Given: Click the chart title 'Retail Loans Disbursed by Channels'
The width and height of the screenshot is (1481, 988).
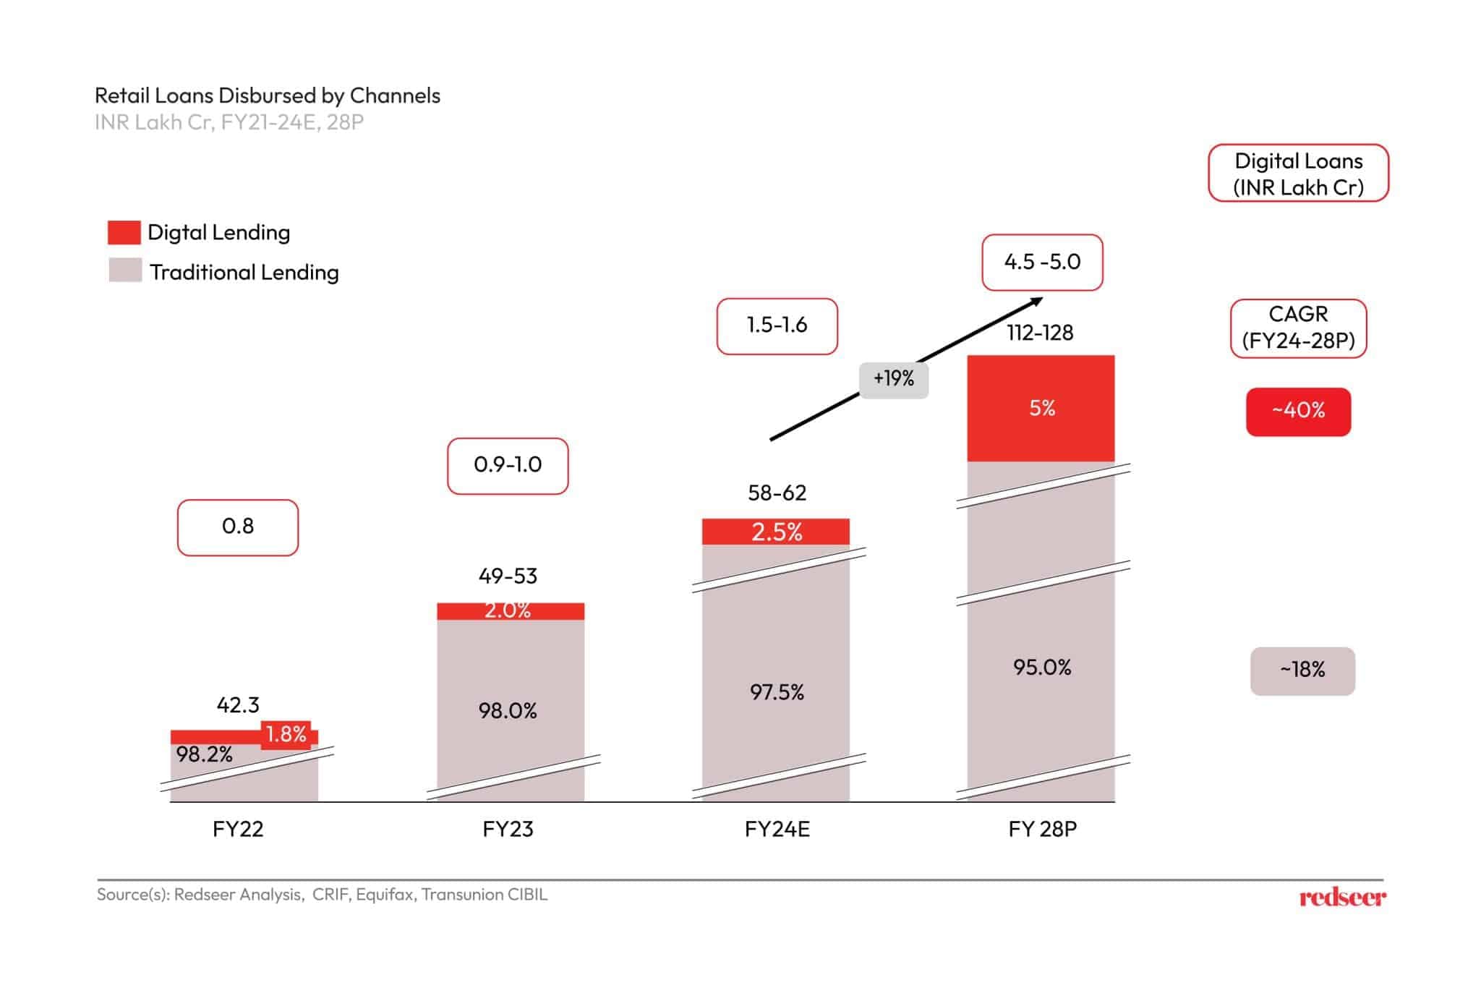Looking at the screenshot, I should (x=267, y=95).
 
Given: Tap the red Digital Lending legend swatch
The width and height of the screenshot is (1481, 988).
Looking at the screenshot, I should (x=124, y=232).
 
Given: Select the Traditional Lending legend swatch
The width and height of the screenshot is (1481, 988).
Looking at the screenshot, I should (x=124, y=271).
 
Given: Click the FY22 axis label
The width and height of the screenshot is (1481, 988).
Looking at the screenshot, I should (x=238, y=829).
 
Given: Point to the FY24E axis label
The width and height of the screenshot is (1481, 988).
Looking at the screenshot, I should (x=777, y=829).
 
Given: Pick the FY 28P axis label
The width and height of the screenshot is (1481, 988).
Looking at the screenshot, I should (x=1042, y=829).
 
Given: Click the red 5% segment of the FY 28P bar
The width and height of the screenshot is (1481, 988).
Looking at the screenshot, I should (x=1041, y=409).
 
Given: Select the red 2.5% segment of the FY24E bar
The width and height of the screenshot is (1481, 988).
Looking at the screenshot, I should (x=776, y=532).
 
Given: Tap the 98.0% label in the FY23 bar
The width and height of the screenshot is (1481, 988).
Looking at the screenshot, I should (x=508, y=711).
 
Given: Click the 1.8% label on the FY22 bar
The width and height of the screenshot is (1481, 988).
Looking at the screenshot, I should (x=286, y=735).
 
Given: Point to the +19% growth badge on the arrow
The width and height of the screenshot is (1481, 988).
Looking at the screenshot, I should (x=893, y=378).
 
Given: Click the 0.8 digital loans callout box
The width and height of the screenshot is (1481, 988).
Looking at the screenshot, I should (x=238, y=527).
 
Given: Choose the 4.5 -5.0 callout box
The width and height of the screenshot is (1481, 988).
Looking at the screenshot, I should (x=1041, y=262).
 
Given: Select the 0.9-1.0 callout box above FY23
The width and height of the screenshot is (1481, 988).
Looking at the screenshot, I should (x=508, y=465).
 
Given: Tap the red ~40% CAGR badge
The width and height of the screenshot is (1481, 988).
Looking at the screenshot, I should (x=1298, y=412).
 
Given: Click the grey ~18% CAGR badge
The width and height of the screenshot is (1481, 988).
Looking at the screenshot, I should (x=1302, y=670).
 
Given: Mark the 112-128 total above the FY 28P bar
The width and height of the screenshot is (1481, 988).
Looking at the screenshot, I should (x=1040, y=333).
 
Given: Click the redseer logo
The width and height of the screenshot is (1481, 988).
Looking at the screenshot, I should (x=1342, y=898).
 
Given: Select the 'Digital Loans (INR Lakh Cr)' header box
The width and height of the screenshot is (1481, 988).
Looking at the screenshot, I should (x=1298, y=174).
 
